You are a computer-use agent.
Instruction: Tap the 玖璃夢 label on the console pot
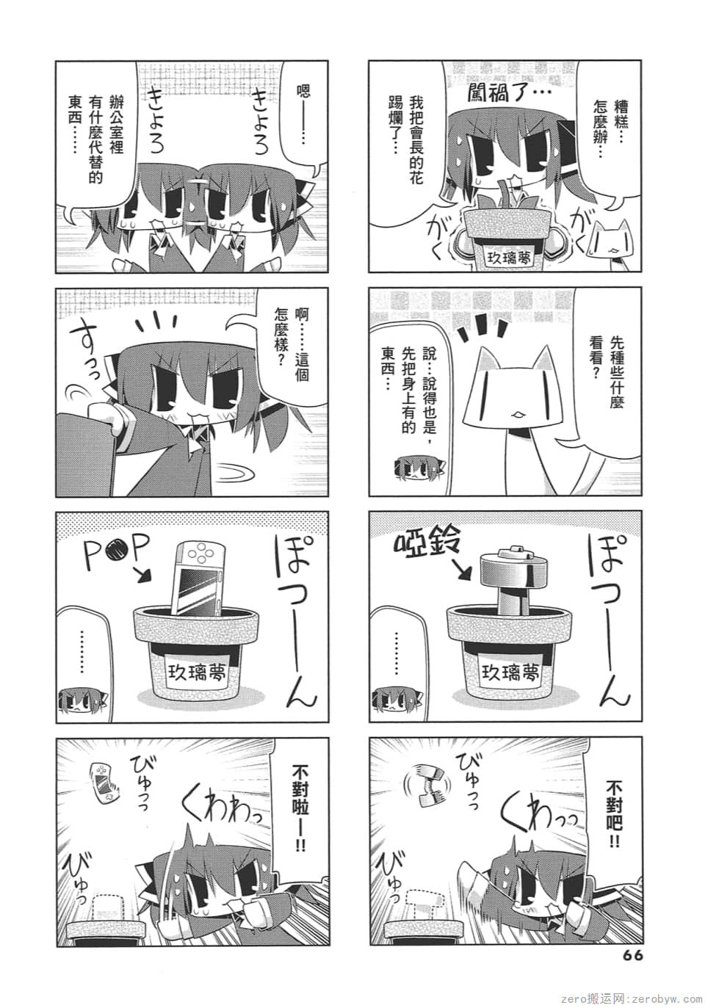click(x=196, y=673)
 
